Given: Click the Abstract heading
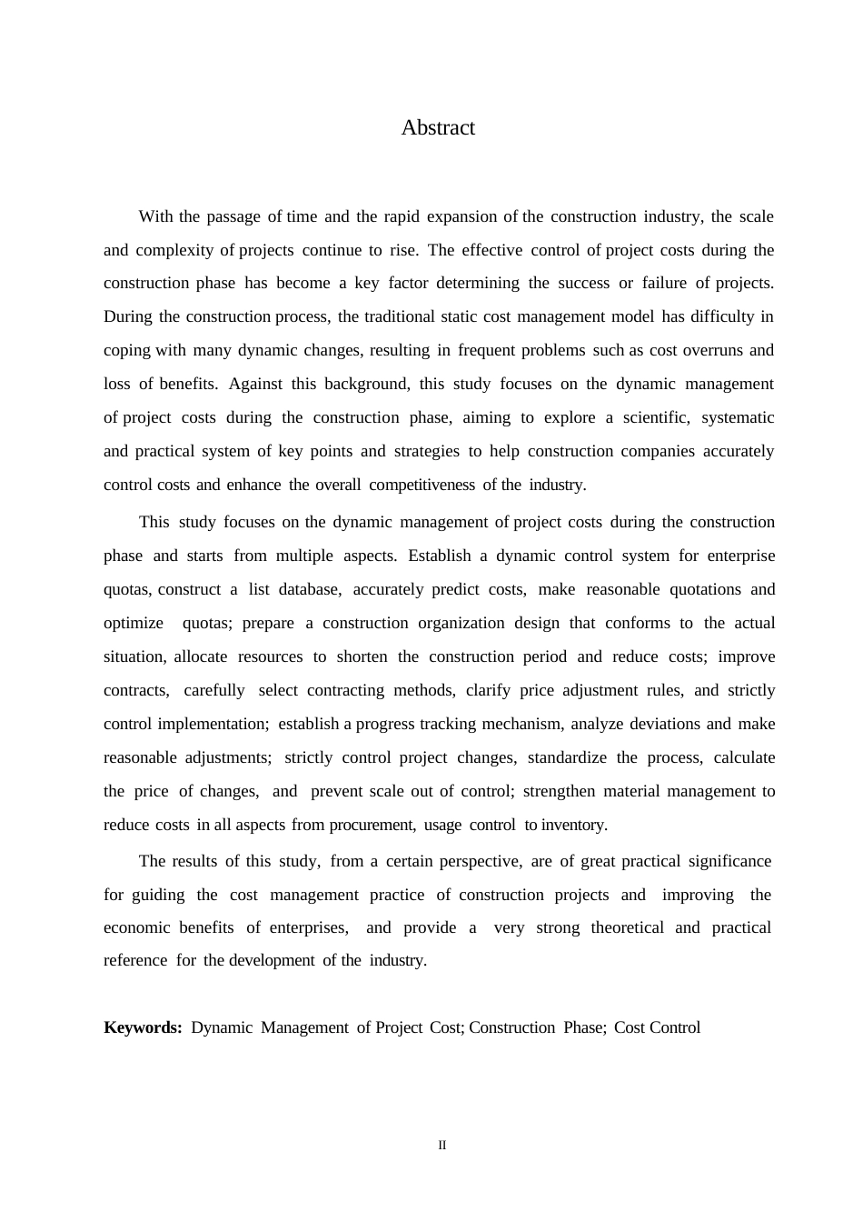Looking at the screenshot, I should pos(438,128).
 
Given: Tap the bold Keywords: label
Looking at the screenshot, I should pos(143,1027).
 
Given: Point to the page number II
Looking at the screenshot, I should pos(442,1146).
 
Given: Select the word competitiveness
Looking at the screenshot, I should pos(422,485).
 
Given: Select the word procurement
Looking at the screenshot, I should pos(371,825).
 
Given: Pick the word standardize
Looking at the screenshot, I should pos(568,757).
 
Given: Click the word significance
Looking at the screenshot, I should pos(729,861).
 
